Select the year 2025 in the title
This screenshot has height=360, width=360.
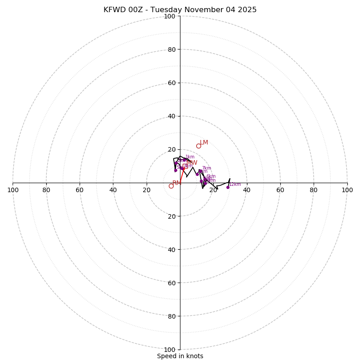pyautogui.click(x=247, y=10)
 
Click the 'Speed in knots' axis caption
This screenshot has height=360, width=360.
pyautogui.click(x=180, y=356)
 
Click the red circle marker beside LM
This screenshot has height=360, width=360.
pyautogui.click(x=198, y=146)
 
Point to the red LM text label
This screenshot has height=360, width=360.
pyautogui.click(x=204, y=143)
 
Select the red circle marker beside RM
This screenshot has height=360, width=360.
pyautogui.click(x=171, y=186)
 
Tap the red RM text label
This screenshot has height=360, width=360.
pyautogui.click(x=176, y=183)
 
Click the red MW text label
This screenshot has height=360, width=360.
pyautogui.click(x=192, y=163)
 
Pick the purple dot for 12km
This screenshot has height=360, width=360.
pyautogui.click(x=228, y=187)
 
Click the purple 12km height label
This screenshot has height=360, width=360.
pyautogui.click(x=235, y=184)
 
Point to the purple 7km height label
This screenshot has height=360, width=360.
pyautogui.click(x=206, y=168)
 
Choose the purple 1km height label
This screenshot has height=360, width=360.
pyautogui.click(x=190, y=157)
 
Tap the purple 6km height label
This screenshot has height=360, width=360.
pyautogui.click(x=211, y=176)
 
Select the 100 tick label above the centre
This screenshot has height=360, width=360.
pyautogui.click(x=170, y=17)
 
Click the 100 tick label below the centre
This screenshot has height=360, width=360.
pyautogui.click(x=170, y=350)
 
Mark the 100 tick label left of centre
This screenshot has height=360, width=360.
pyautogui.click(x=13, y=190)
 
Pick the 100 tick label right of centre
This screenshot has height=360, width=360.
pyautogui.click(x=347, y=190)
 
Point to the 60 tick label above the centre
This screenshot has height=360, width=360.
pyautogui.click(x=171, y=83)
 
